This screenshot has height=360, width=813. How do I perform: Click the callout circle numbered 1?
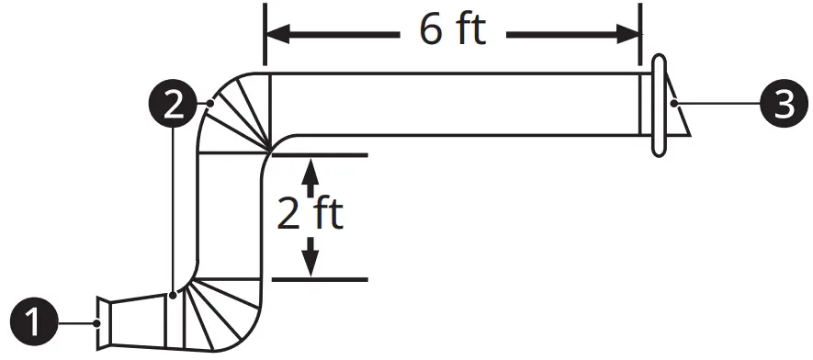click(36, 322)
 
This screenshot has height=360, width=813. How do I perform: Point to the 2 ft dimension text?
click(311, 213)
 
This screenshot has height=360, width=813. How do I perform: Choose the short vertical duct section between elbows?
click(231, 216)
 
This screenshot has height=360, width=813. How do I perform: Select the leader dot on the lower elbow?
click(173, 295)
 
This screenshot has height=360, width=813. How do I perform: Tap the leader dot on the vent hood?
click(675, 105)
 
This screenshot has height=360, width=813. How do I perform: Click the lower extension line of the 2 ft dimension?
click(322, 278)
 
